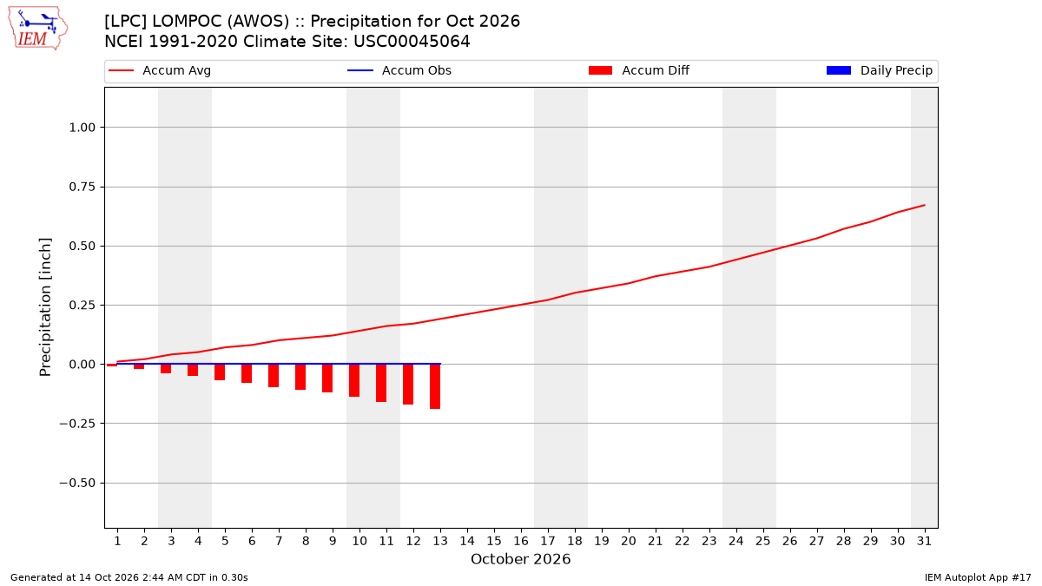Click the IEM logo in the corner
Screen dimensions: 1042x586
click(37, 29)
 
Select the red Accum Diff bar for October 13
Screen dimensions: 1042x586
click(435, 386)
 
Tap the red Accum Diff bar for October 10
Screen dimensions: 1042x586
click(354, 380)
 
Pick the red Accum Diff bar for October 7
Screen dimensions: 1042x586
click(274, 376)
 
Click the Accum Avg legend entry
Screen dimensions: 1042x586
click(160, 70)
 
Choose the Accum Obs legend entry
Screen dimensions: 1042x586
click(399, 70)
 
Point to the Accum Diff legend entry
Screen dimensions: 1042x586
click(639, 70)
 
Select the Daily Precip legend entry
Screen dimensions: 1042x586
click(879, 70)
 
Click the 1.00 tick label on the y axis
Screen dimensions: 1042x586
click(82, 128)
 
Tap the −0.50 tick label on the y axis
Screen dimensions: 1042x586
click(77, 484)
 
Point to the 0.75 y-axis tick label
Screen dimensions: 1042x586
click(82, 187)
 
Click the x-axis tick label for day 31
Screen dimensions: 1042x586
click(924, 541)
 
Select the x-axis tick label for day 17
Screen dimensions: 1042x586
click(548, 541)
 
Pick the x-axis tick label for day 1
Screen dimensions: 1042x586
click(117, 541)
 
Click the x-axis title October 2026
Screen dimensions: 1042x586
click(520, 559)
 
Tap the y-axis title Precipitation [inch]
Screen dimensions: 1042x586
click(45, 307)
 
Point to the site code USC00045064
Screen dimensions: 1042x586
click(412, 42)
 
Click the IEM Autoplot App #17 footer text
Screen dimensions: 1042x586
click(978, 577)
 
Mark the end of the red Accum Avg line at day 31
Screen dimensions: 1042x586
click(924, 205)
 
